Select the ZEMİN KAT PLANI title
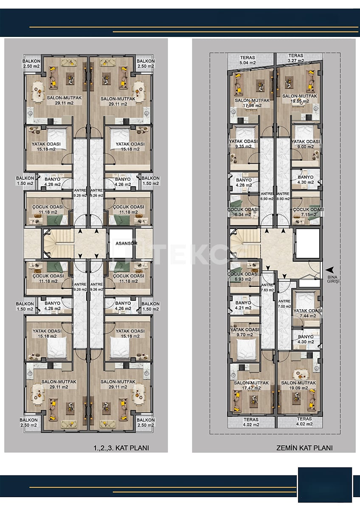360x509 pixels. click(x=304, y=447)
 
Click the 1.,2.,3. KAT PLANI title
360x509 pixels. click(x=121, y=447)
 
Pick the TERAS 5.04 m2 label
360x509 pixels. click(x=247, y=59)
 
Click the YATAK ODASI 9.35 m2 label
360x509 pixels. click(x=244, y=144)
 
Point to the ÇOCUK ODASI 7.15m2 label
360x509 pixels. click(x=308, y=212)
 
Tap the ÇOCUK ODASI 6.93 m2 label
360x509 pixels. click(x=243, y=277)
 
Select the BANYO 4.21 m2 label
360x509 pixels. click(x=243, y=305)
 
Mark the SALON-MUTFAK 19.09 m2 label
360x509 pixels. click(x=299, y=385)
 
